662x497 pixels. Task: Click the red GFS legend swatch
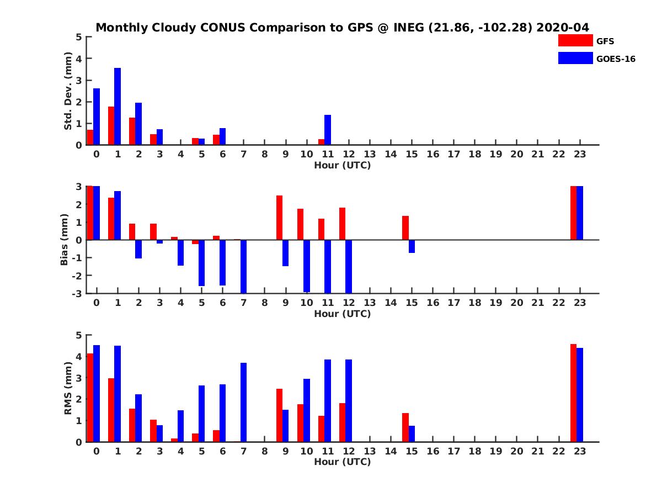coord(575,40)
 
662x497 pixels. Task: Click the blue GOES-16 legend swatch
coord(575,58)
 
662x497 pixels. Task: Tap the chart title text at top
coord(343,27)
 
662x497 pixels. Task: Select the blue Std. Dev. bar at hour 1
coord(118,106)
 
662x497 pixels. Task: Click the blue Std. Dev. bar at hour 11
coord(328,130)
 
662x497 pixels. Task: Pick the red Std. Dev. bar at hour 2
coord(132,131)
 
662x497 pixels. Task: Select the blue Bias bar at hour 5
coord(202,263)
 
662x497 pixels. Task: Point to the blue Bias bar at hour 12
coord(349,266)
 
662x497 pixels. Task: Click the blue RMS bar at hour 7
coord(244,402)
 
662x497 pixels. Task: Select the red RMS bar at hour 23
coord(574,393)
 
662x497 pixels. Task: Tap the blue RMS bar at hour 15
coord(412,433)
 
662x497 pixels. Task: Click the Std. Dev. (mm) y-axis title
coord(68,91)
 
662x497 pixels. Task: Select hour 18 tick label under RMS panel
coord(474,451)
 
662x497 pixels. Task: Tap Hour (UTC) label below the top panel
coord(342,165)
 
